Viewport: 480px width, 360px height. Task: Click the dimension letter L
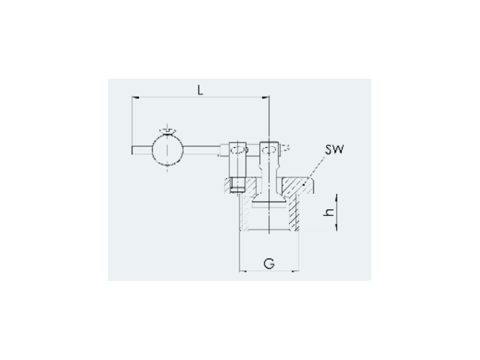pyautogui.click(x=200, y=90)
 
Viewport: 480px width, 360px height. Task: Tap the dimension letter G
pyautogui.click(x=269, y=263)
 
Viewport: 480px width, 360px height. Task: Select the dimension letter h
pyautogui.click(x=329, y=212)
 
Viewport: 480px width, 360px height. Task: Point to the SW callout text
pyautogui.click(x=335, y=149)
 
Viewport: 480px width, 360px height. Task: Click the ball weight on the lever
pyautogui.click(x=167, y=150)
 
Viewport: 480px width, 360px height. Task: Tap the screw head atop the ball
pyautogui.click(x=167, y=131)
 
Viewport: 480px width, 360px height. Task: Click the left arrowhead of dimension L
pyautogui.click(x=136, y=97)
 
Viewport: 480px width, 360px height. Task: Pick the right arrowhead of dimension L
pyautogui.click(x=265, y=97)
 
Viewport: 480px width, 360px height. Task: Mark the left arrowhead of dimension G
pyautogui.click(x=243, y=271)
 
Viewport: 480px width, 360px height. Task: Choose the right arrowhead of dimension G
pyautogui.click(x=295, y=271)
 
